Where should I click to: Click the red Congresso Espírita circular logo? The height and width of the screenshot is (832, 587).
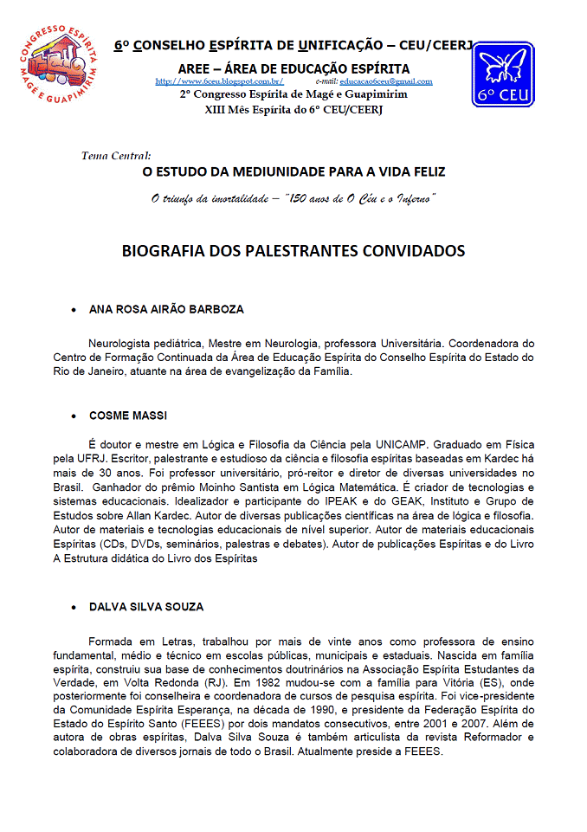[x=56, y=62]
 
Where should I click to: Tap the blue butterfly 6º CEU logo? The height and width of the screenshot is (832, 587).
[x=502, y=74]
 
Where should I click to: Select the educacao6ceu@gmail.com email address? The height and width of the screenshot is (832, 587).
[x=385, y=81]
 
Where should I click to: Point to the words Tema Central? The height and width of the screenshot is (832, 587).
[x=115, y=156]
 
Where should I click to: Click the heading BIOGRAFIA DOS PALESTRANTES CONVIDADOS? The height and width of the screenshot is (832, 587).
[x=293, y=251]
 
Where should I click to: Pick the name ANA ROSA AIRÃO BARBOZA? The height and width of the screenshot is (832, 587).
[x=166, y=309]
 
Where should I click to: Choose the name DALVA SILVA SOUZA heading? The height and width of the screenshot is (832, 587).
[x=146, y=607]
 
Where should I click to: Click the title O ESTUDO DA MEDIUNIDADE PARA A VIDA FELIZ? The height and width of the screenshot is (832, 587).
[x=293, y=172]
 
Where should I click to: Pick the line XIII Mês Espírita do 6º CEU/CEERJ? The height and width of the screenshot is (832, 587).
[x=293, y=110]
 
